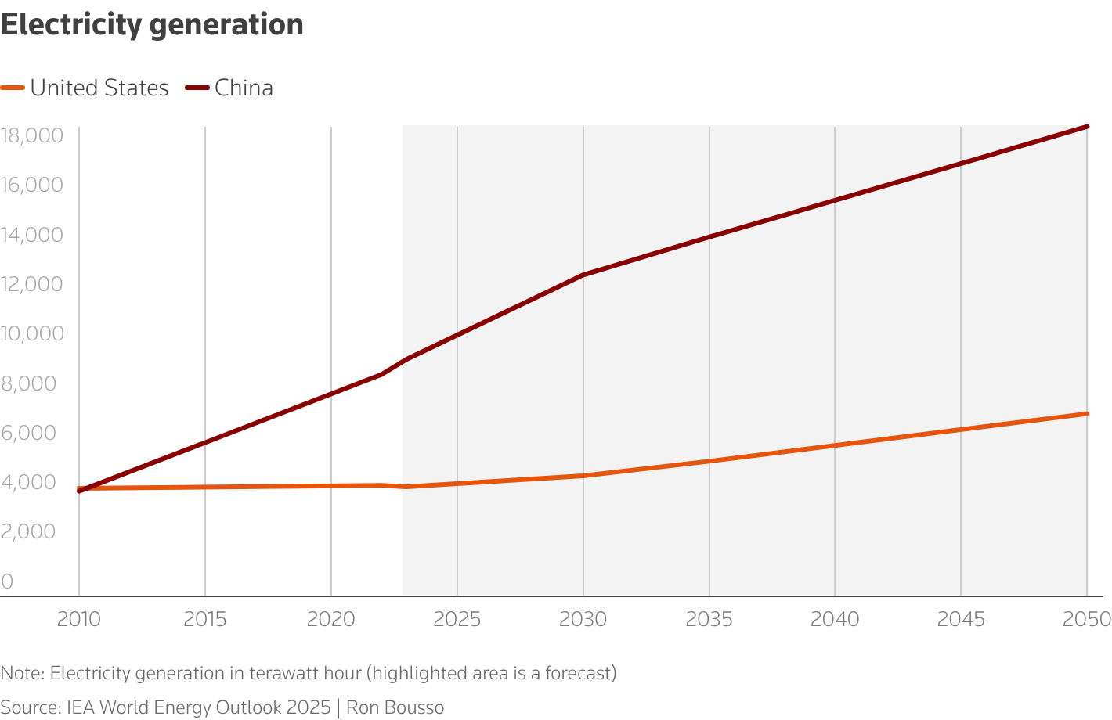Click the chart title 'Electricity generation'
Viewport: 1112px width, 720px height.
tap(152, 25)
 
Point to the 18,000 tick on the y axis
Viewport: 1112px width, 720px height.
tap(31, 135)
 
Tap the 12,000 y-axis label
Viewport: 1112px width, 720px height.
tap(31, 284)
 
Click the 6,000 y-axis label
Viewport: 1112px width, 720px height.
tap(31, 433)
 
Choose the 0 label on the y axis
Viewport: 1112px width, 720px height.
tap(7, 581)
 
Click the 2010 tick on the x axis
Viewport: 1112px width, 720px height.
tap(79, 620)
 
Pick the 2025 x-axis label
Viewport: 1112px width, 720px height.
tap(457, 620)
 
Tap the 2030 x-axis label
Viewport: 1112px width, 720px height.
tap(583, 620)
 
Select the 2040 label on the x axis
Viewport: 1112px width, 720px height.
tap(835, 620)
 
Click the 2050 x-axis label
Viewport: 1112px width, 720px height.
tap(1087, 620)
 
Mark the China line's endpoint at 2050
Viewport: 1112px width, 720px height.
tap(1087, 126)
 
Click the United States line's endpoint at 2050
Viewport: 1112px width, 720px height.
tap(1087, 413)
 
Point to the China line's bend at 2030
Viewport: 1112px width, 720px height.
tap(583, 275)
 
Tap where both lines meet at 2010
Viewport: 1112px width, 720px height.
tap(80, 489)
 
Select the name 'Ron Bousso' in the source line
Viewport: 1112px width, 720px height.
tap(395, 707)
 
